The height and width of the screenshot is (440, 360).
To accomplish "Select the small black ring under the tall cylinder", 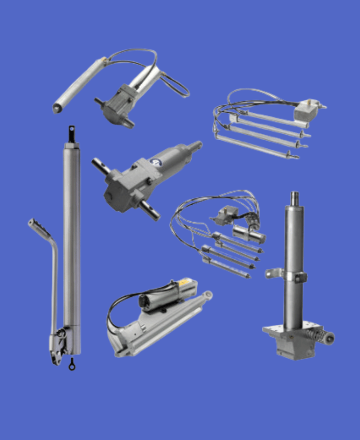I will pos(72,365).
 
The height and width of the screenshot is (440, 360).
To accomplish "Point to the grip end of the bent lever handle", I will pos(36,224).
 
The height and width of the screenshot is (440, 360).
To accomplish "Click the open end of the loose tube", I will pos(57,107).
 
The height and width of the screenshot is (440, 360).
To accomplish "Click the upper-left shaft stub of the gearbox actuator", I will pos(99,166).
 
